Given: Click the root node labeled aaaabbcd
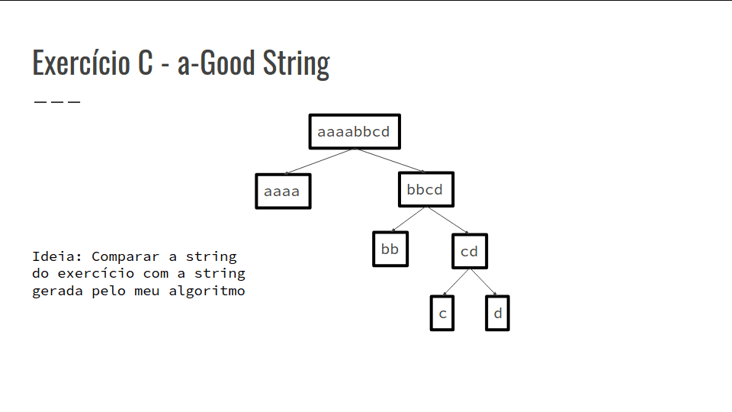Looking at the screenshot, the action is click(x=355, y=132).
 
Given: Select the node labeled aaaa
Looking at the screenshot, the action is click(x=284, y=191).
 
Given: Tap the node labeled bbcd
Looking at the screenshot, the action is click(x=426, y=189).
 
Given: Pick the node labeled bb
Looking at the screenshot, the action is click(x=390, y=249).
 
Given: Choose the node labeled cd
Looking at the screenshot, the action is click(x=470, y=251).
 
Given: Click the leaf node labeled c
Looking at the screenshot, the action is click(x=442, y=313).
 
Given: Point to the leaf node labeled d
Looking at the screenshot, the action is click(x=498, y=313).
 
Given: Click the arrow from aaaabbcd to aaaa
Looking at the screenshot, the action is click(x=319, y=161).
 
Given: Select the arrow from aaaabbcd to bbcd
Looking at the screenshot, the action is click(x=390, y=160).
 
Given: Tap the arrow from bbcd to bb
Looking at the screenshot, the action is click(x=408, y=219).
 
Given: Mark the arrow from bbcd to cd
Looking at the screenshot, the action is click(x=448, y=220).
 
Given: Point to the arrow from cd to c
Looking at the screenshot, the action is click(x=456, y=282).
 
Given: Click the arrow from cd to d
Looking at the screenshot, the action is click(x=483, y=282).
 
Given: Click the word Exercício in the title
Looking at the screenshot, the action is click(x=82, y=63).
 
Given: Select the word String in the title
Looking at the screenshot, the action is click(x=297, y=63).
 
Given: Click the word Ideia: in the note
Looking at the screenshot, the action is click(x=57, y=256).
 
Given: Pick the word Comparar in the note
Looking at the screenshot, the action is click(x=126, y=257).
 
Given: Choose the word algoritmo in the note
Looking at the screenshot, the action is click(x=207, y=291).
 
